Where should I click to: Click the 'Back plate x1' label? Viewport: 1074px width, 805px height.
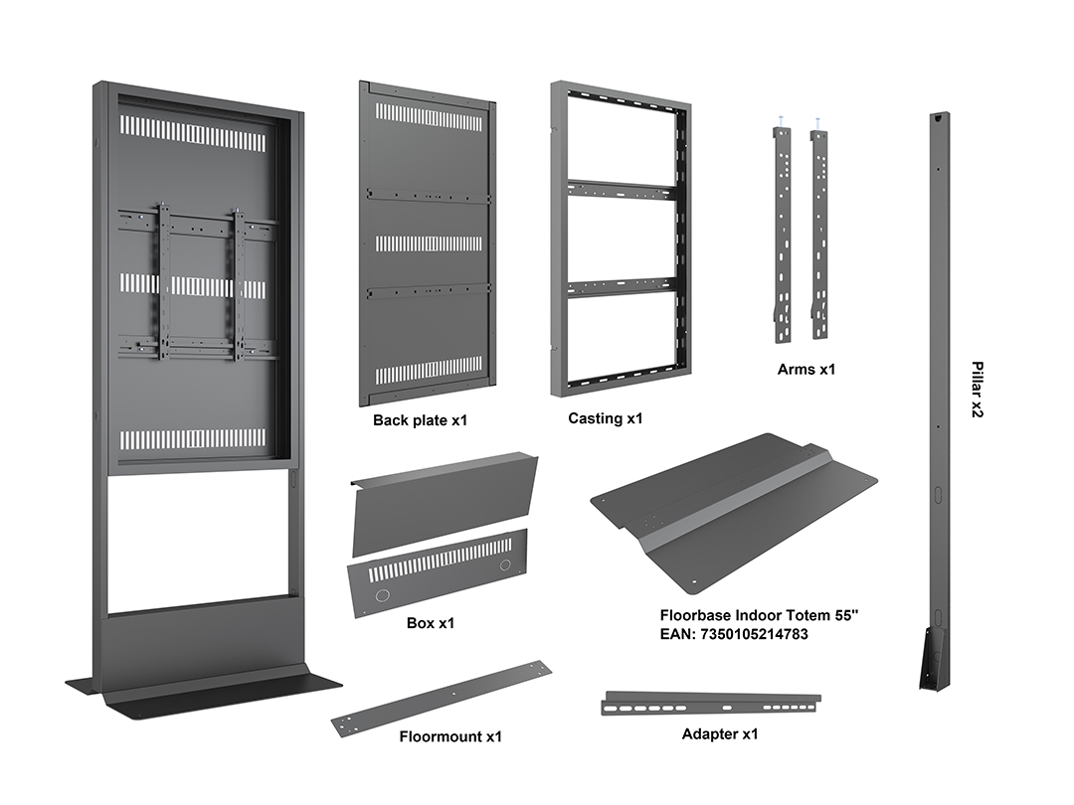(420, 420)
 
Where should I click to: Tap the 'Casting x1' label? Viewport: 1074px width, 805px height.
(606, 418)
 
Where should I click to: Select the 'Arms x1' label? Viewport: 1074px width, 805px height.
(806, 369)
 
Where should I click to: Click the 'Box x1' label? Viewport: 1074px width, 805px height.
(431, 623)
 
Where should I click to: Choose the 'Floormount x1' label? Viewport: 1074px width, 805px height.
(450, 736)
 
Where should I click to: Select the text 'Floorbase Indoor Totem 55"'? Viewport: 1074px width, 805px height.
(759, 615)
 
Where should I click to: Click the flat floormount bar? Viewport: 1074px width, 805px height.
(442, 695)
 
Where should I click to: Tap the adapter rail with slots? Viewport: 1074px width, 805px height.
(711, 704)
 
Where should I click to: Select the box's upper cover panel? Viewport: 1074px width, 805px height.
(444, 503)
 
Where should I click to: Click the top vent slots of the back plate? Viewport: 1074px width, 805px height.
(429, 116)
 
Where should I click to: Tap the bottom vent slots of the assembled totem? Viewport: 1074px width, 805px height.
(193, 438)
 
